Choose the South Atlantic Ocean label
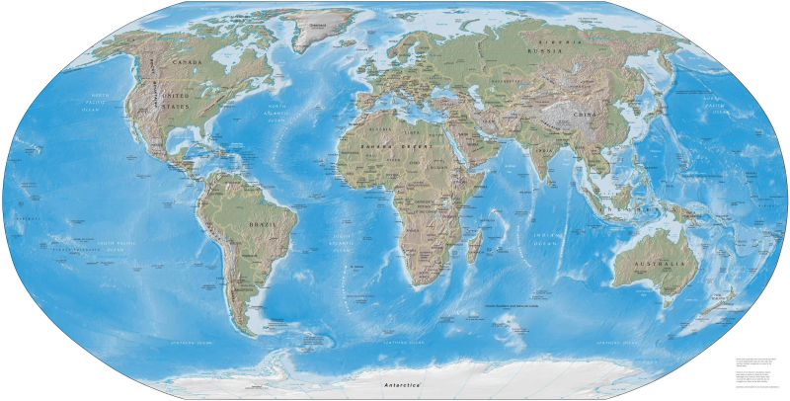pos(345,241)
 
